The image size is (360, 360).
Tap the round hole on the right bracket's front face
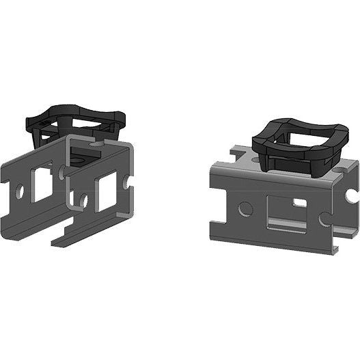coord(245,206)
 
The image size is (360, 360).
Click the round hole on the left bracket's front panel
coord(83,200)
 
